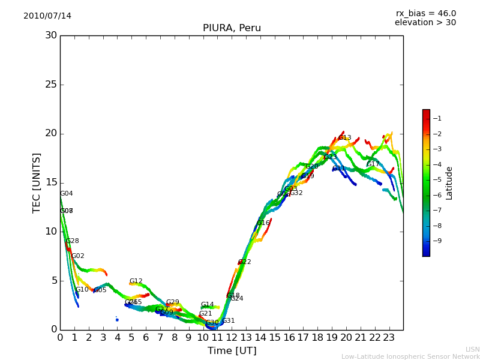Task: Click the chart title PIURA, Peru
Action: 232,28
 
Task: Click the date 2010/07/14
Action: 47,16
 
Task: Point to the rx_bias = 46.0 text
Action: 425,14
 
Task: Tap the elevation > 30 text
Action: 425,23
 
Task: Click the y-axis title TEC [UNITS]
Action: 37,182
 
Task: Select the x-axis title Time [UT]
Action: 232,351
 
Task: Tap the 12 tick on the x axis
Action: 232,338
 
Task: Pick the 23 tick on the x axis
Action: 389,338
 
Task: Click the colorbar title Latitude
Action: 449,182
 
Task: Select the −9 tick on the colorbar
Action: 437,241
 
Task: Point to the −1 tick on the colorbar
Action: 437,118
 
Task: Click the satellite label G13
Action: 345,138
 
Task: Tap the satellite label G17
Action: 373,164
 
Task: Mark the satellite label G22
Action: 245,262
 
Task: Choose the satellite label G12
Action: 136,281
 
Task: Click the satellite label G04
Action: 67,194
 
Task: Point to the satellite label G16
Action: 263,223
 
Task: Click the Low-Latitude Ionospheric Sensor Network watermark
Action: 410,357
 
